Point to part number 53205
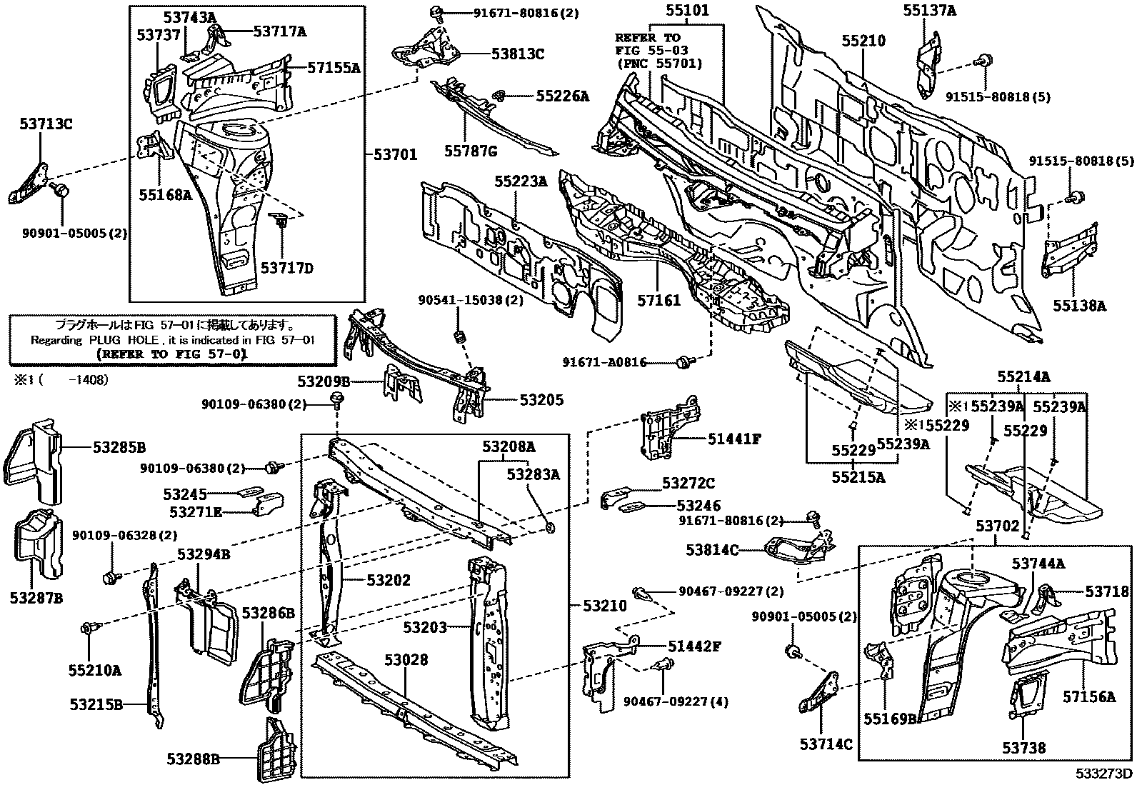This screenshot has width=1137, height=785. click(x=541, y=400)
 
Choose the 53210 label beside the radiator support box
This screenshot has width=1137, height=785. click(x=603, y=606)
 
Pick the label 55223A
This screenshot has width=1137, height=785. click(x=521, y=182)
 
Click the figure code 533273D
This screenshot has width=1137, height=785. click(x=1105, y=774)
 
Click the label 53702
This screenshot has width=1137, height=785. click(x=998, y=526)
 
